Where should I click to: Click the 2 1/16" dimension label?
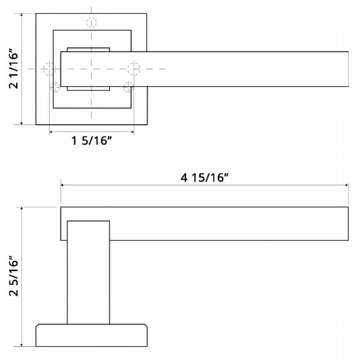point(14,68)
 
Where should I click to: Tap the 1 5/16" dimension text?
point(92,140)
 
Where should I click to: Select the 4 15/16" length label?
point(205,178)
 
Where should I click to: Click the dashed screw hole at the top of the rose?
point(91,22)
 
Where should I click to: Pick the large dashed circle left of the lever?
point(49,68)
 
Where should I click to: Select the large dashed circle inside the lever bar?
point(134,68)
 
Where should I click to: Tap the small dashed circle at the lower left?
point(55,87)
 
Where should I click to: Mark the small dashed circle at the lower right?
point(128,87)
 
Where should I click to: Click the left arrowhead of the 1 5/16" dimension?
point(51,132)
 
